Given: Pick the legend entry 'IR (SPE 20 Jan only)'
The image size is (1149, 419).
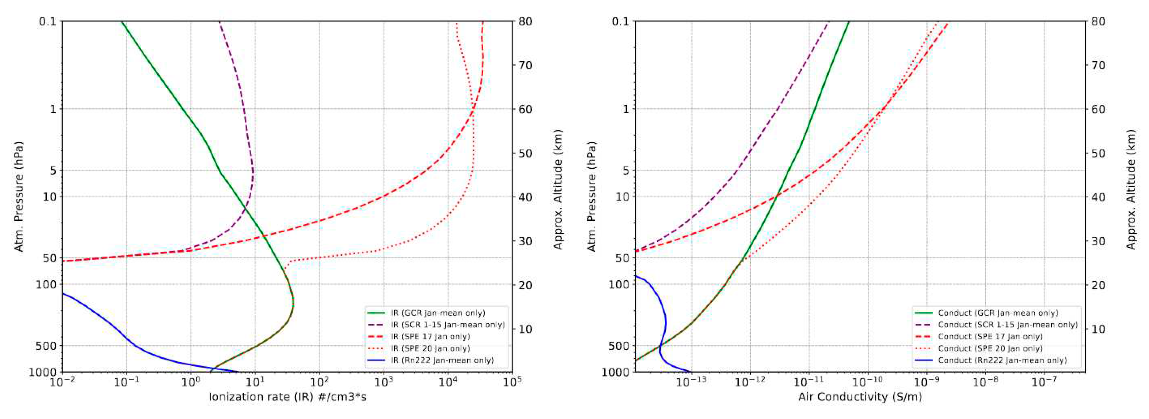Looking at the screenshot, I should tap(430, 348).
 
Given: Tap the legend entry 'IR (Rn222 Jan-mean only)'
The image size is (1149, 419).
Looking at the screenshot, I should tap(442, 360).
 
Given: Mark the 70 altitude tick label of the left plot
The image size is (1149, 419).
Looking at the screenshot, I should tap(525, 65).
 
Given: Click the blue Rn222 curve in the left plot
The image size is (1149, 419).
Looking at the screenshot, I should tap(112, 324).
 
